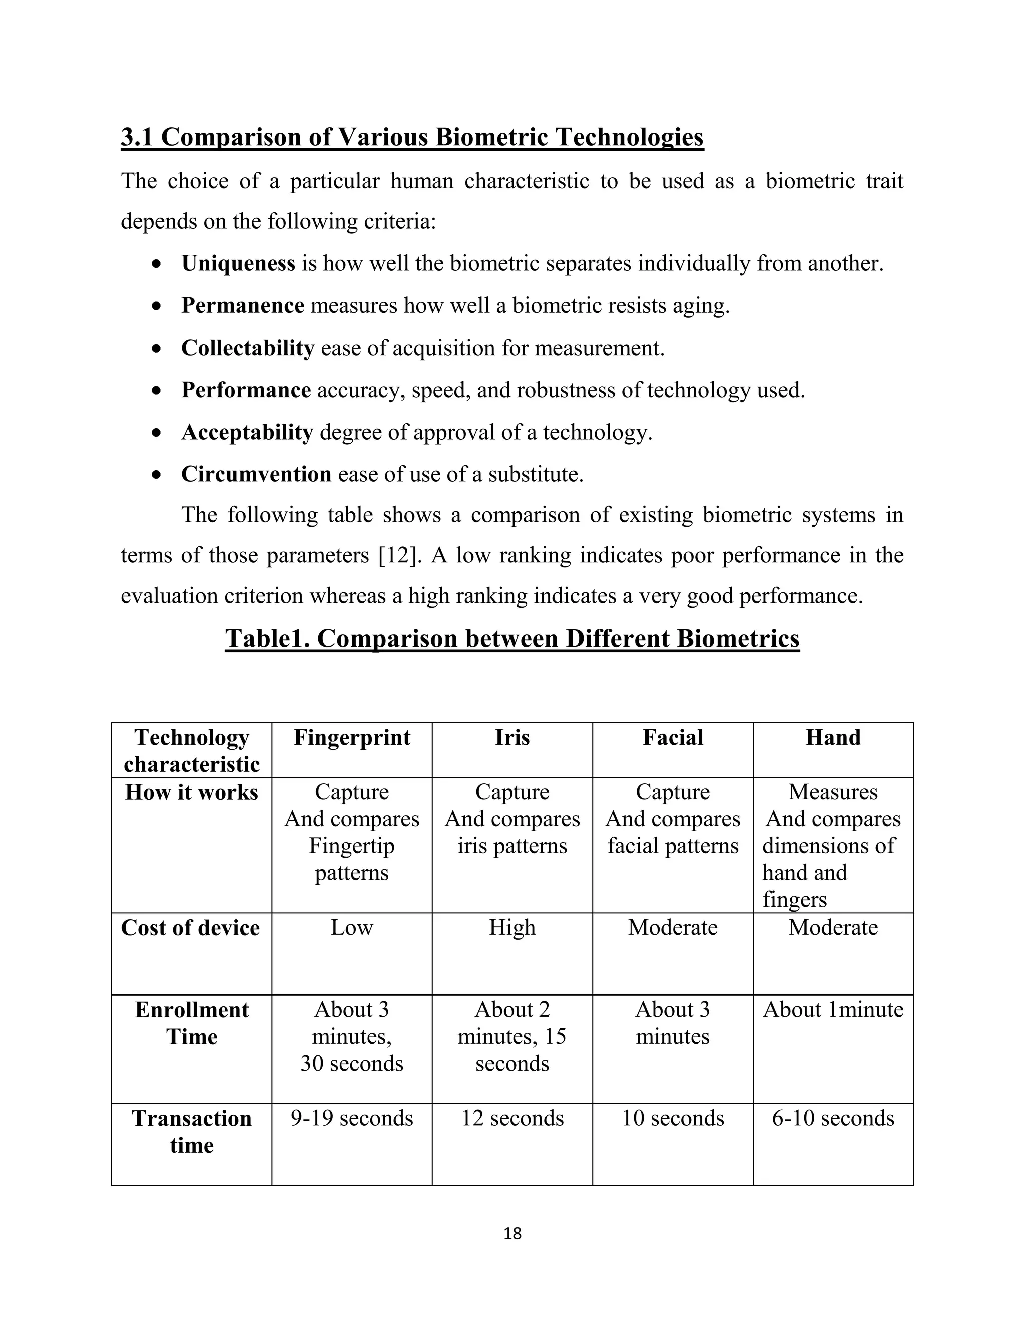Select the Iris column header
tap(512, 738)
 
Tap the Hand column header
tap(833, 738)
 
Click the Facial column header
tap(673, 738)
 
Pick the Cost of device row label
tap(191, 928)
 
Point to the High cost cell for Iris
tap(512, 928)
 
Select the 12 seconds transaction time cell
tap(512, 1118)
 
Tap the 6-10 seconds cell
tap(833, 1118)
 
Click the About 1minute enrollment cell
tap(833, 1009)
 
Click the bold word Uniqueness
tap(238, 264)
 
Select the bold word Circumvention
tap(256, 474)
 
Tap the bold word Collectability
tap(248, 348)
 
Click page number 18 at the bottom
tap(512, 1234)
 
